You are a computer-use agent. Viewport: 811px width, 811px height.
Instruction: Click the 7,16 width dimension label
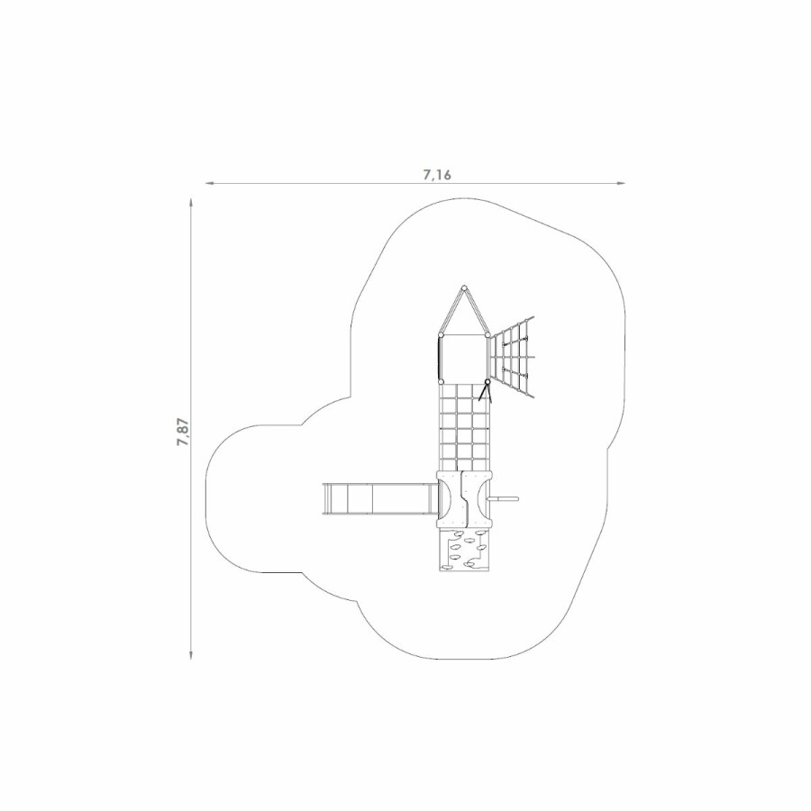pos(437,175)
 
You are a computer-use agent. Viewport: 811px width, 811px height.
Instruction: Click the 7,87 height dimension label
pos(184,432)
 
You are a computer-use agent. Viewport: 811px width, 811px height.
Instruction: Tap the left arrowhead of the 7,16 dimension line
pos(209,183)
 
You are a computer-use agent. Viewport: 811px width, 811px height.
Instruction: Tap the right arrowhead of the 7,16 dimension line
pos(621,183)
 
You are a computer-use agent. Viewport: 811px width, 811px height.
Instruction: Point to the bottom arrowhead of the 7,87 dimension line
pos(192,654)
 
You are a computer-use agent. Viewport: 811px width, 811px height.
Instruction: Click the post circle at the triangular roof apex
pos(464,287)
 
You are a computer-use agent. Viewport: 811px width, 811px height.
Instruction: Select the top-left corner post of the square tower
pos(441,335)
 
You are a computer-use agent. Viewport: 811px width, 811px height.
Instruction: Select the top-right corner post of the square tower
pos(488,335)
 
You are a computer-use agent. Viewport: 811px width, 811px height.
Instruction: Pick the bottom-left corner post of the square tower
pos(441,382)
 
